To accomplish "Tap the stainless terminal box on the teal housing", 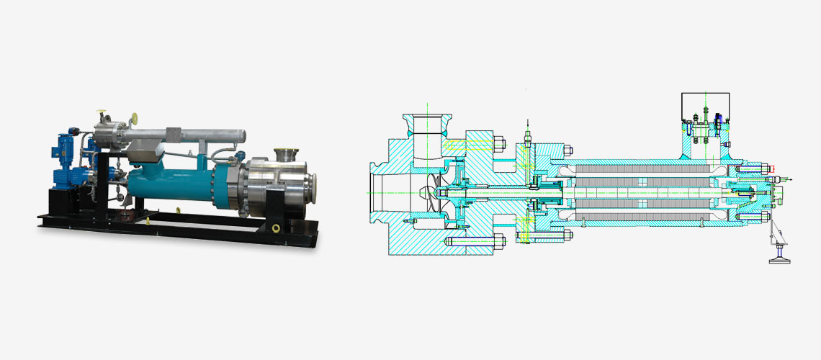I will [x=142, y=151].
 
